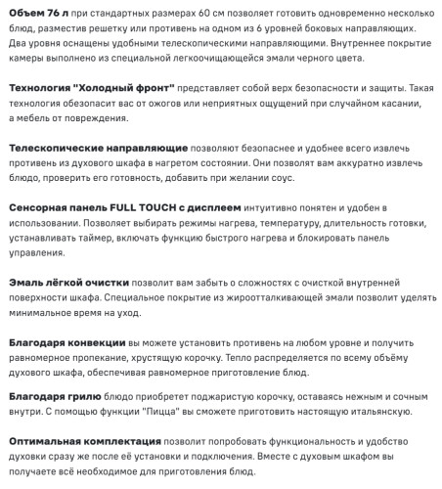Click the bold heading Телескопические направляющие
click(x=94, y=146)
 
